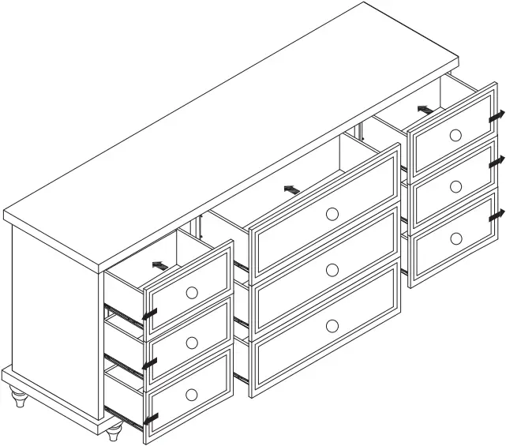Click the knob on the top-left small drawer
192,292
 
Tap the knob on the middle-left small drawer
192,343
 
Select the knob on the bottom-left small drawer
192,394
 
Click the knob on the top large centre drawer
332,213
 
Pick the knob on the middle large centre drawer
332,270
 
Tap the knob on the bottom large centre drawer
332,325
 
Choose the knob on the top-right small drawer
455,135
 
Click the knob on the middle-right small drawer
455,187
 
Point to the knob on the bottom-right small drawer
455,238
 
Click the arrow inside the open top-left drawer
160,266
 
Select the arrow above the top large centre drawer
292,189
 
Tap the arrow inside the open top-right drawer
425,109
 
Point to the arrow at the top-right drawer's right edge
497,116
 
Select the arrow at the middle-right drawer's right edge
497,162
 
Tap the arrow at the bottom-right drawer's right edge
497,214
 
